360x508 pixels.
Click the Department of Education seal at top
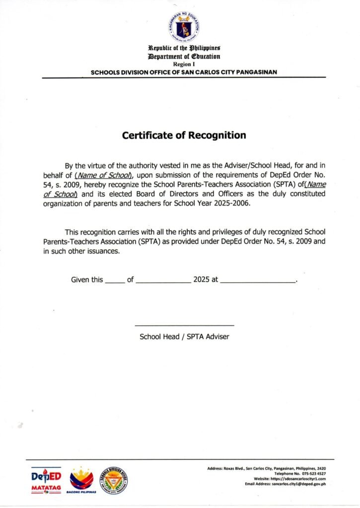click(x=184, y=26)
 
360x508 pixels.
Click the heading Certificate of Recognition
click(x=184, y=135)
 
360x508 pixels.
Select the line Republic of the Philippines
click(x=184, y=49)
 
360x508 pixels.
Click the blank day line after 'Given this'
click(x=115, y=280)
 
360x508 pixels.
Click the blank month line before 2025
click(x=163, y=280)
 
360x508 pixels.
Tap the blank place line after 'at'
click(x=257, y=280)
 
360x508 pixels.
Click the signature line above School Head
click(x=184, y=325)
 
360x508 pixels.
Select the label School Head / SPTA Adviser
click(x=184, y=336)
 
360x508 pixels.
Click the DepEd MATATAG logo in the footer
click(x=46, y=480)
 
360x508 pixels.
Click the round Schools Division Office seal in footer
click(x=114, y=480)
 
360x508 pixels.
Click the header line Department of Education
click(x=184, y=57)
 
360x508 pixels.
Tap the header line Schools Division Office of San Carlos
click(x=184, y=72)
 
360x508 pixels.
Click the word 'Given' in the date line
click(x=80, y=280)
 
